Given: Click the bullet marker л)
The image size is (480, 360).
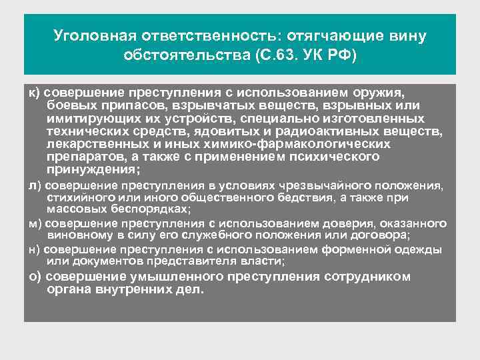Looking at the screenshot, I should (34, 185).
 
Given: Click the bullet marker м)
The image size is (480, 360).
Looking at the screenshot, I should (34, 223).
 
